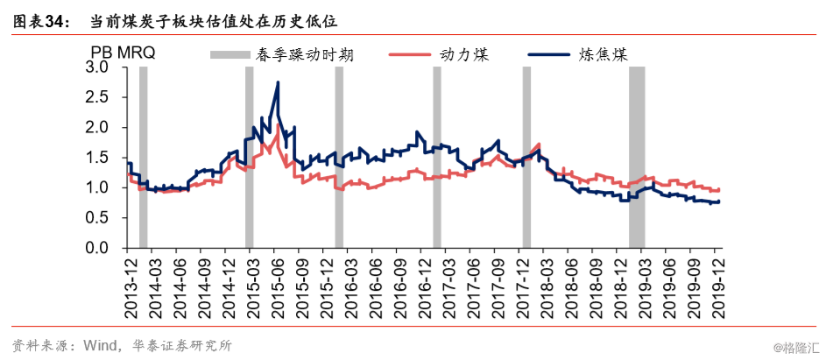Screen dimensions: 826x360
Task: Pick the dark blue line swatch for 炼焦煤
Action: pyautogui.click(x=549, y=53)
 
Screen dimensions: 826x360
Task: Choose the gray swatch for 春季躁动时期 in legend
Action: pyautogui.click(x=229, y=54)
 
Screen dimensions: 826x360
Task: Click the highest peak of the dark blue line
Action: pyautogui.click(x=278, y=82)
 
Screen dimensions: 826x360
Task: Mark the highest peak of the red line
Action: pyautogui.click(x=278, y=125)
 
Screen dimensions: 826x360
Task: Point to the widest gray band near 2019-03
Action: pyautogui.click(x=637, y=158)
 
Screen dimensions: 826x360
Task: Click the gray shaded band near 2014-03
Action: pyautogui.click(x=144, y=158)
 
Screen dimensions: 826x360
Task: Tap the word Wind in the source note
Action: pyautogui.click(x=96, y=346)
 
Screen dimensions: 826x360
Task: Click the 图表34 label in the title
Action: pyautogui.click(x=38, y=22)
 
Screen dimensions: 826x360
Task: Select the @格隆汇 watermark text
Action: pyautogui.click(x=796, y=348)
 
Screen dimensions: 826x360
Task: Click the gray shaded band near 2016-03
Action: pyautogui.click(x=339, y=158)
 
